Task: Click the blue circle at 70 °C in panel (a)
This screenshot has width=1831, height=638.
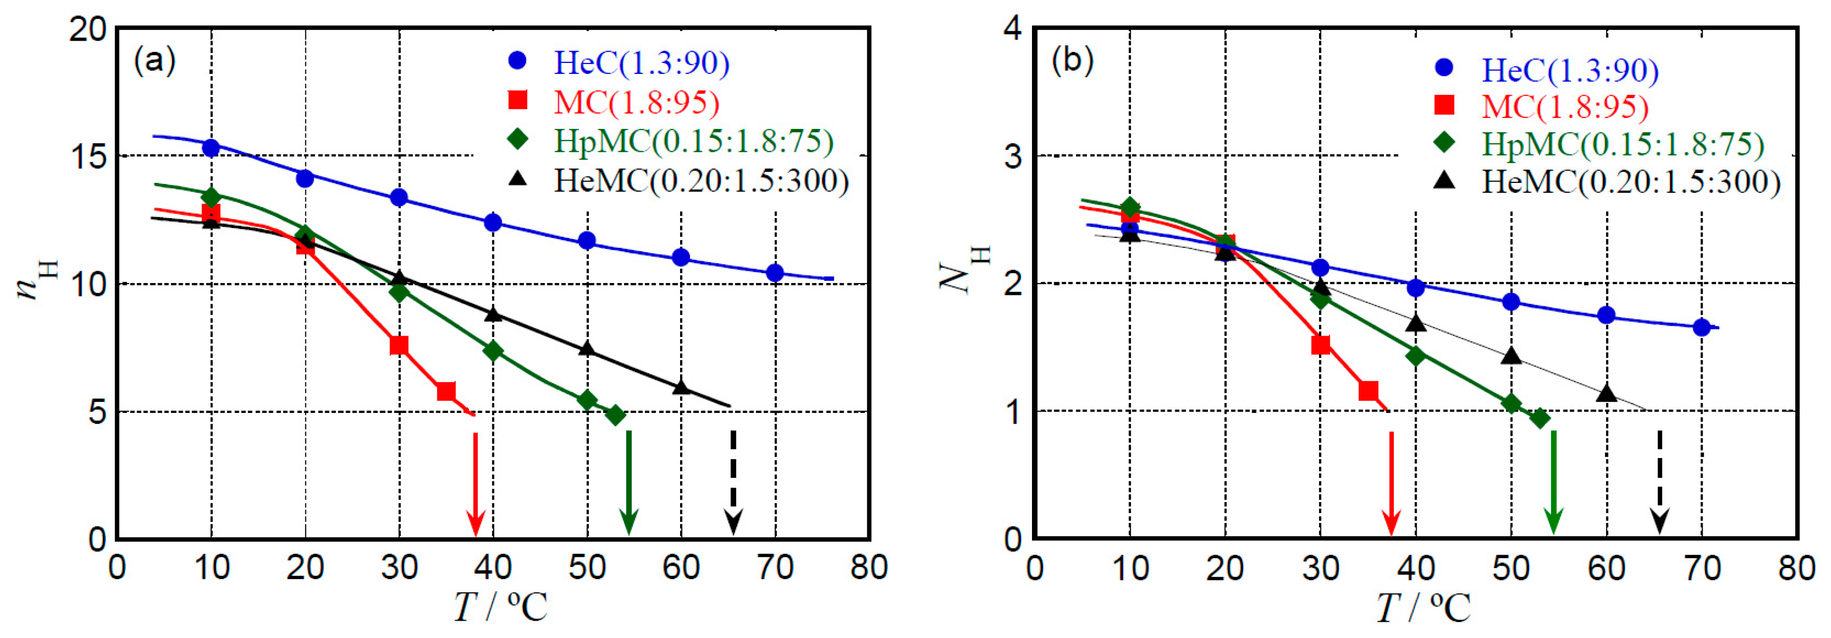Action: click(x=775, y=273)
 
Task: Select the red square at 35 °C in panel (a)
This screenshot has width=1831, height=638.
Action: click(x=446, y=391)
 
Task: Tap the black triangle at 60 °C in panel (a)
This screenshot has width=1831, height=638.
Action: click(x=681, y=388)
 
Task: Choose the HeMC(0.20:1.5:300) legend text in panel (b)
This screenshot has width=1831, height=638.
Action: click(x=1631, y=182)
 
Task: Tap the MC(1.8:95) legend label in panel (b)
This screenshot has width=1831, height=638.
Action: click(x=1564, y=107)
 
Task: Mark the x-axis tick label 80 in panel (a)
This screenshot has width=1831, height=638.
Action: click(x=868, y=568)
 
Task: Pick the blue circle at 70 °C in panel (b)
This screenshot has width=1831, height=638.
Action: click(x=1701, y=328)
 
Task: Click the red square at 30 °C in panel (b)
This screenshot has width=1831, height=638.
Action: click(x=1320, y=346)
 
